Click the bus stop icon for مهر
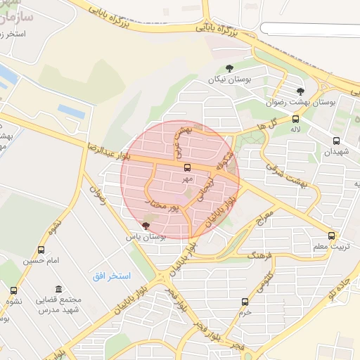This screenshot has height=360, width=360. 187,168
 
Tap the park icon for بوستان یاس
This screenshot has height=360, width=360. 146,226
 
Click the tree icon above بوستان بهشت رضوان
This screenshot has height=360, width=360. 300,91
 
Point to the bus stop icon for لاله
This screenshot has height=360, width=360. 295,119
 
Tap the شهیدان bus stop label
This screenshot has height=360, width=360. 335,152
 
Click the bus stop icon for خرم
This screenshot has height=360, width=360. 245,302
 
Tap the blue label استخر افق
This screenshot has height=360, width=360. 112,275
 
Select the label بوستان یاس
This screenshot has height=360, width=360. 145,238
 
